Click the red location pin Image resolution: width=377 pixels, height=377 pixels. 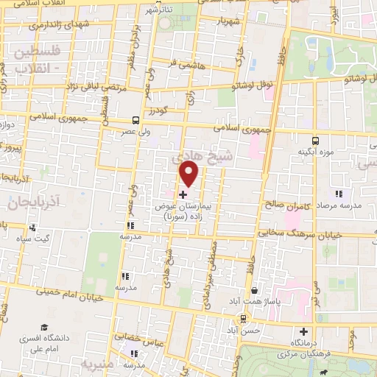pyautogui.click(x=189, y=174)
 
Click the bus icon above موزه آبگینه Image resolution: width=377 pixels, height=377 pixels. pyautogui.click(x=315, y=140)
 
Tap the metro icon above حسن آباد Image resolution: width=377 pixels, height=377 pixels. pyautogui.click(x=243, y=319)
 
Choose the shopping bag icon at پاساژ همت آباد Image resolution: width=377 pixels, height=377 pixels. pyautogui.click(x=254, y=292)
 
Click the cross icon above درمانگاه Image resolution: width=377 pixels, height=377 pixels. pyautogui.click(x=303, y=331)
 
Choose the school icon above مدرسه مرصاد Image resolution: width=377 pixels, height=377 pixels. pyautogui.click(x=338, y=194)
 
